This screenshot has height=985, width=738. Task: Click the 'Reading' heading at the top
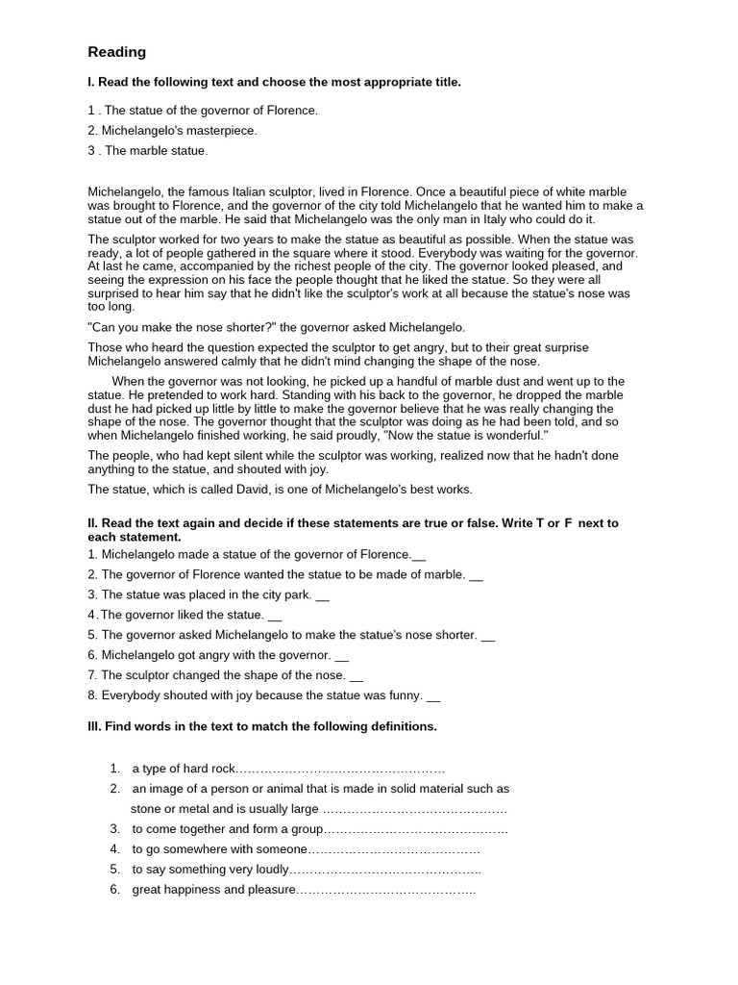117,52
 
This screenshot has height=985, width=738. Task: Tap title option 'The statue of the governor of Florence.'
210,111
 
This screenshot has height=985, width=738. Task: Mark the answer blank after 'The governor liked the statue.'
275,617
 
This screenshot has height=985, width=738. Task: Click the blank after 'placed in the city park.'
322,596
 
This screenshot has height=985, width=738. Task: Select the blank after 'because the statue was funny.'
432,697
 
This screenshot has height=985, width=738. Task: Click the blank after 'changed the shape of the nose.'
357,677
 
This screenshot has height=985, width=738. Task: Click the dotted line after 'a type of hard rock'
340,769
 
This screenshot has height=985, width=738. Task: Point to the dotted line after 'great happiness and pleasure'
386,890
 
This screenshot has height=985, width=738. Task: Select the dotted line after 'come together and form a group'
416,829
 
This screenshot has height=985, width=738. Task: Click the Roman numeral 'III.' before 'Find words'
94,726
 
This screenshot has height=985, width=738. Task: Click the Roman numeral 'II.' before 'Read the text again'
93,523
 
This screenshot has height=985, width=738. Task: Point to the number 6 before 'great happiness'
114,890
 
